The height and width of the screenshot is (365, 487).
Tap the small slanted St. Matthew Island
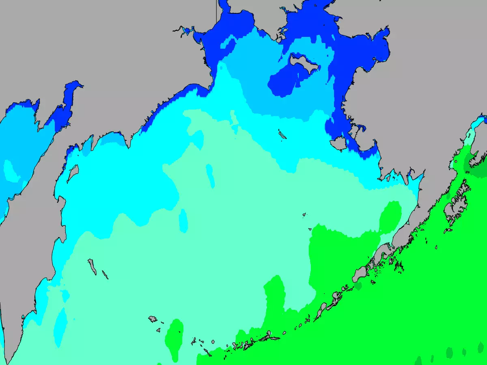point(282,134)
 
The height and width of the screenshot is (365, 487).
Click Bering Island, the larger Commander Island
point(92,266)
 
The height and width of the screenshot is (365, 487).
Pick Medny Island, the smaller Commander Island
point(105,275)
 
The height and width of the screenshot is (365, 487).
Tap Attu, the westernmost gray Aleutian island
point(153,319)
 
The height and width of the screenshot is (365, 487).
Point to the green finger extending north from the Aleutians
point(275,296)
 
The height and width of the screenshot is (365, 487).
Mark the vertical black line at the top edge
point(216,10)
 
